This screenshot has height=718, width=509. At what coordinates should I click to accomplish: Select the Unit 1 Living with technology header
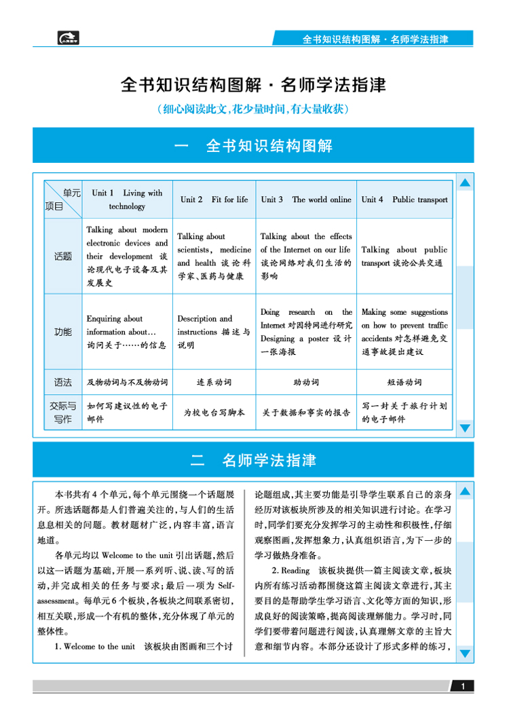128,200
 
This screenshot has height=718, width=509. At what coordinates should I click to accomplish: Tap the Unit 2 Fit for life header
214,200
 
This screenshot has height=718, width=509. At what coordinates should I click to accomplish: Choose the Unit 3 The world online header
306,200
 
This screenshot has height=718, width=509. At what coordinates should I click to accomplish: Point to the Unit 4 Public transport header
404,200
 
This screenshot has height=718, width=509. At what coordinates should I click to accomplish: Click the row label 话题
63,257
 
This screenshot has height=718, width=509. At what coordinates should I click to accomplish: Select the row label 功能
63,332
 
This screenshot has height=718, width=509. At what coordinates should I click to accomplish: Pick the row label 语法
63,382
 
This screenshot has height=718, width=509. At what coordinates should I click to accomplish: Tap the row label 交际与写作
63,413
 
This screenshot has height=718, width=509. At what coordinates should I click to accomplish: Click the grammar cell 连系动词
214,382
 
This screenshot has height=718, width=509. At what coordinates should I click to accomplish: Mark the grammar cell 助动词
306,382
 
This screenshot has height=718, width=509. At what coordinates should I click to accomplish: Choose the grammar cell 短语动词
404,382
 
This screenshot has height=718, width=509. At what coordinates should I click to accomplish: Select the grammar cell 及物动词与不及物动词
128,382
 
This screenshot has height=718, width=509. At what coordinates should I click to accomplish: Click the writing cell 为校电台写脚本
214,413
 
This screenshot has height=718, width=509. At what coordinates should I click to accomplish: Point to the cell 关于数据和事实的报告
306,413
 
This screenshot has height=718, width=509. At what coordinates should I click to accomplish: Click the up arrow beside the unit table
465,183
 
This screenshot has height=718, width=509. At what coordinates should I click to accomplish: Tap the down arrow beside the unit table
465,428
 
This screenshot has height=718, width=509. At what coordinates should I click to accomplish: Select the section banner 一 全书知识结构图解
253,146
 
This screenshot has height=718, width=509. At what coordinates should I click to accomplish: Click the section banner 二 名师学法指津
253,459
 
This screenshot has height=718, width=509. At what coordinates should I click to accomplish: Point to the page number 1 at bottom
462,687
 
